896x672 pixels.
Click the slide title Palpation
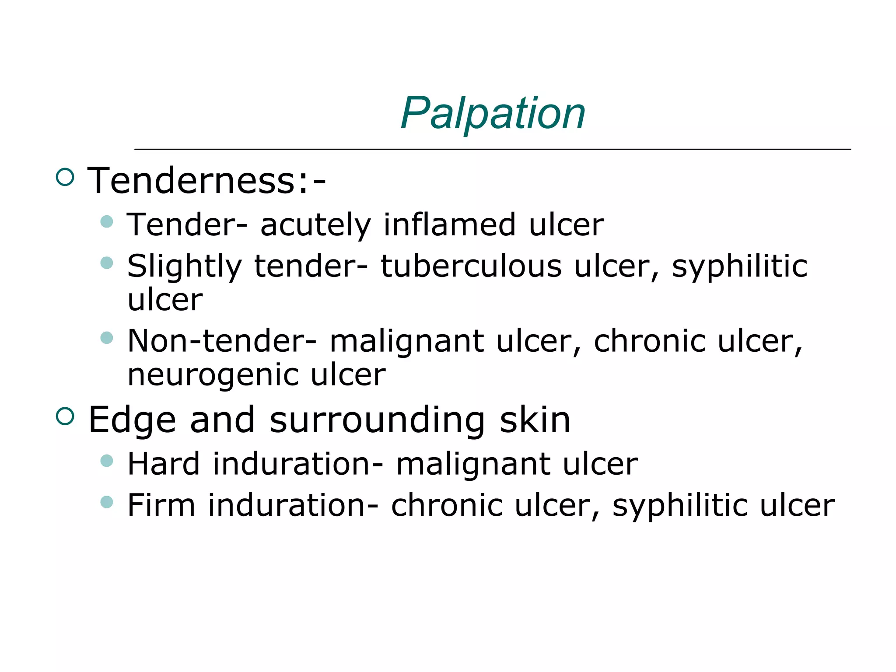pos(493,113)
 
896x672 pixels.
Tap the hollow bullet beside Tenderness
pos(65,177)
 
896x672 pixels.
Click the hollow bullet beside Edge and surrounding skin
pos(65,416)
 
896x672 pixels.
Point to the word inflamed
pos(449,224)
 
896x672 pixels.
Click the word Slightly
pos(184,267)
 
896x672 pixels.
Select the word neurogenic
pos(213,375)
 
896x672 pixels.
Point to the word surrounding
pos(377,420)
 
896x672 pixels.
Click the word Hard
pos(164,464)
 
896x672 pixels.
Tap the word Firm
pos(161,505)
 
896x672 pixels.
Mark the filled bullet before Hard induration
pos(107,460)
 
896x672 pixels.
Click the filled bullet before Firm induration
pos(107,501)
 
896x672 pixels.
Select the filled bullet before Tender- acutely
pos(107,221)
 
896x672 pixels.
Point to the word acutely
pos(315,225)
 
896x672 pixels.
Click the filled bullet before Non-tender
pos(107,337)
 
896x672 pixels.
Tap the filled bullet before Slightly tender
pos(107,262)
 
